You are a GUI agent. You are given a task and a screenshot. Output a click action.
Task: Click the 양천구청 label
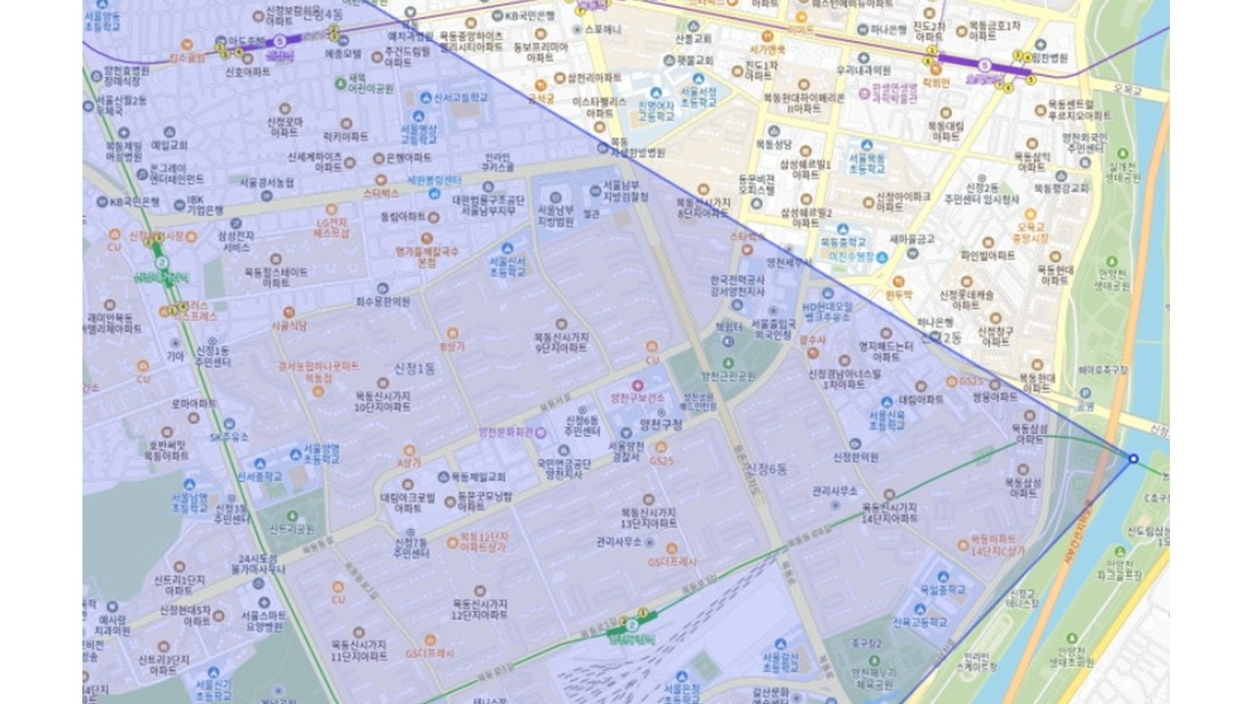pos(661,424)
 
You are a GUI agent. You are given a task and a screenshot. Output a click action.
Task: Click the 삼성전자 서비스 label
pos(237,242)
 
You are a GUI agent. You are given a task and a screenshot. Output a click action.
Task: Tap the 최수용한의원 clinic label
pos(382,301)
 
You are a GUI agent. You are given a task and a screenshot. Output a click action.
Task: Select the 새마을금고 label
pos(912,239)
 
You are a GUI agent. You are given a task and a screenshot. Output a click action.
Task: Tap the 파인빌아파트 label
pos(988,255)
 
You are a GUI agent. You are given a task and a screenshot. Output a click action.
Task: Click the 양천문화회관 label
pos(505,431)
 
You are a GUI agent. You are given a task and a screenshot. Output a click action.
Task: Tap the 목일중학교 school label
pos(942,590)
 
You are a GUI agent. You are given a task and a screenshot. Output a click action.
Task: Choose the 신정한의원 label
pos(855,457)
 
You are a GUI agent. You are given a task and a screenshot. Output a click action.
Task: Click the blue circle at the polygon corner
pos(1134,459)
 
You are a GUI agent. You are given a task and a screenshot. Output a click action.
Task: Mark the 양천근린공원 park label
pos(728,375)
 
